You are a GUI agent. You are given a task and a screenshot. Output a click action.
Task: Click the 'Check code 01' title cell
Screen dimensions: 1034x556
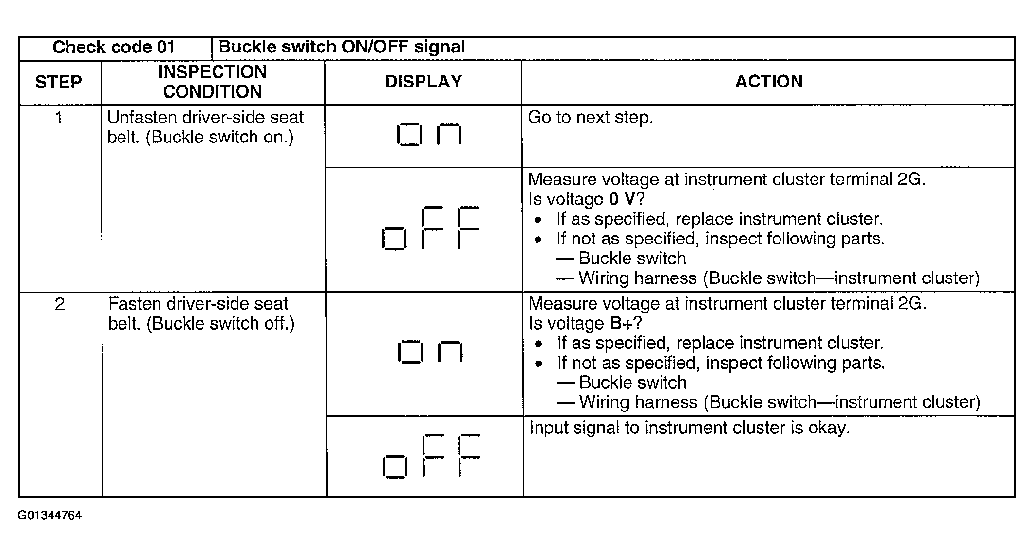(x=114, y=47)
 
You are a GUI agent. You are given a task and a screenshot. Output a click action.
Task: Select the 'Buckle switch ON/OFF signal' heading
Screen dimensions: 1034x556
(x=341, y=47)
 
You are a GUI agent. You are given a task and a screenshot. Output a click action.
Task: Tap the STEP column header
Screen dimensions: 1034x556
(x=59, y=82)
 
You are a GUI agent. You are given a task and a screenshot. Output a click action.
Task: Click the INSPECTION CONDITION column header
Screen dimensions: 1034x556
(x=213, y=82)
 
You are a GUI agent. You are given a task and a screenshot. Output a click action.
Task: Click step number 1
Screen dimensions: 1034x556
(x=59, y=118)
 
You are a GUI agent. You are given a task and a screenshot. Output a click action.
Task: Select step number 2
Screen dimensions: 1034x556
(x=59, y=304)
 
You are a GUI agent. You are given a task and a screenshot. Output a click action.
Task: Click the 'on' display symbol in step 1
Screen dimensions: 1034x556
(x=429, y=135)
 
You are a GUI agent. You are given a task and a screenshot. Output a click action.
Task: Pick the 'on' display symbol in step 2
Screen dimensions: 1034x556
(x=430, y=352)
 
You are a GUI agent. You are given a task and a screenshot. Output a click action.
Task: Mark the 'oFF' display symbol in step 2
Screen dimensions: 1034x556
(x=431, y=456)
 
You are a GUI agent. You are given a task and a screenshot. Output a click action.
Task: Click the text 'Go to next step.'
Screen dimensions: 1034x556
(x=591, y=118)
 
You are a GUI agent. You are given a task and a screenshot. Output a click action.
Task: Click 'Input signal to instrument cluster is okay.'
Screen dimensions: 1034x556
(x=690, y=428)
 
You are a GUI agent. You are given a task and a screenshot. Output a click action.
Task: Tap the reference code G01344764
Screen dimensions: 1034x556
(x=50, y=515)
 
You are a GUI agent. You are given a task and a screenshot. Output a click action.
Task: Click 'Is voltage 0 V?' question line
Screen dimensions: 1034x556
(x=586, y=199)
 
